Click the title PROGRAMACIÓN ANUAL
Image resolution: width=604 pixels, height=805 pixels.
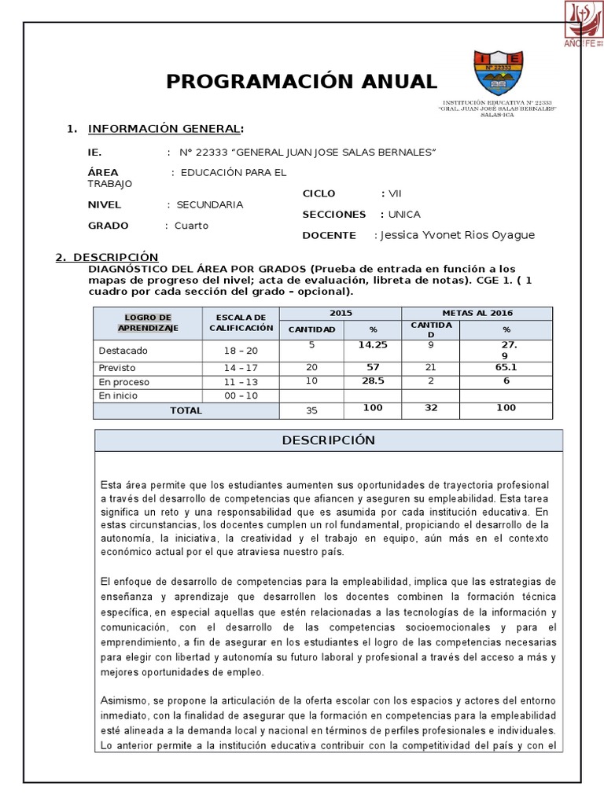click(x=300, y=81)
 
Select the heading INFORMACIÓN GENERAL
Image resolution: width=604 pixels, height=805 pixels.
click(x=164, y=129)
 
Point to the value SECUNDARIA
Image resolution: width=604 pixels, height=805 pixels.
click(x=209, y=204)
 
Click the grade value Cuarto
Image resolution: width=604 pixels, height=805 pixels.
click(x=191, y=226)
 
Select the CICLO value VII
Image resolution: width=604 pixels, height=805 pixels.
click(x=395, y=193)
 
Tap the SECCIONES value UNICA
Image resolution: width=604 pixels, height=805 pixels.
click(x=403, y=215)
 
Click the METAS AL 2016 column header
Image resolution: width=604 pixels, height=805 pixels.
click(x=477, y=313)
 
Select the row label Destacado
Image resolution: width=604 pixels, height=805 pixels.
click(x=123, y=351)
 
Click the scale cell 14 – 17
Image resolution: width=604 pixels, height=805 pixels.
click(x=241, y=367)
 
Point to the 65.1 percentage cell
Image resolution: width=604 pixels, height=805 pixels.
click(x=506, y=367)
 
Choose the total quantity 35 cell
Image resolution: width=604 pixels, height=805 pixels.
click(x=311, y=410)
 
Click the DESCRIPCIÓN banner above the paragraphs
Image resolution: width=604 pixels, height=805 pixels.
click(x=328, y=440)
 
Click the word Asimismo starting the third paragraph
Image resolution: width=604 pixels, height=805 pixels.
click(x=124, y=700)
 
